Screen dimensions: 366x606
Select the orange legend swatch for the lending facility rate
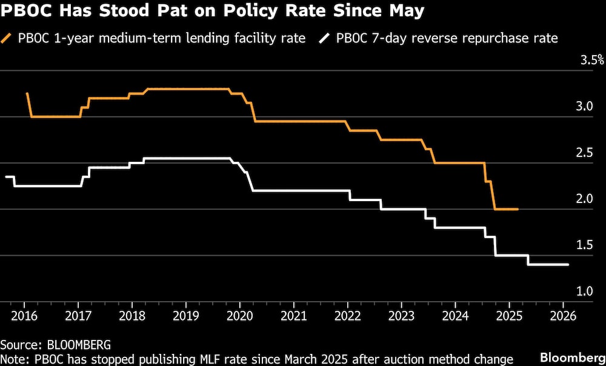(10, 39)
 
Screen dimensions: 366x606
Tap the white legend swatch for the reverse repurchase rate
(325, 39)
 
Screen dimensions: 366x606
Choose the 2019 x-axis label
(185, 316)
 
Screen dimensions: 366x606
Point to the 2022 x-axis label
(347, 316)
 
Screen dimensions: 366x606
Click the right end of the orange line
(518, 209)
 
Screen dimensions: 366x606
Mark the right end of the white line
(568, 265)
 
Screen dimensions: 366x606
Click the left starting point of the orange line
(27, 93)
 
